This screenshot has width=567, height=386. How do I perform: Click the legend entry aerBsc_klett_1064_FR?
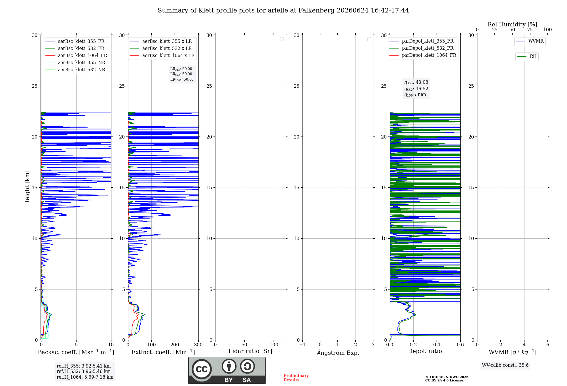(76, 55)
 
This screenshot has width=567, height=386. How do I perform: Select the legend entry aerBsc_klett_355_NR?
(75, 62)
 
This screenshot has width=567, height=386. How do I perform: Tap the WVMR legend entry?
(530, 41)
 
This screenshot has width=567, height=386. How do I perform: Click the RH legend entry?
(527, 56)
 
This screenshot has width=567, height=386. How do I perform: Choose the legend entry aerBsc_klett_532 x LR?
(161, 48)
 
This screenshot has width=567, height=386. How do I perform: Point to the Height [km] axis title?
(27, 188)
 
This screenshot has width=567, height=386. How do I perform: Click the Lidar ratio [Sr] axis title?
(250, 351)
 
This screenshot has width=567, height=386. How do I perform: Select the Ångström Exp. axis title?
(338, 353)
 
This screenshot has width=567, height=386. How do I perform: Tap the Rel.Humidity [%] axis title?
(512, 24)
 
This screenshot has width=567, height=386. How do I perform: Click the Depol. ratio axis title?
(425, 351)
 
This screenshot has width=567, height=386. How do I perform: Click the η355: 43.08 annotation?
(416, 82)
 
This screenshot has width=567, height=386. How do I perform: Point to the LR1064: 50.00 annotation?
(182, 79)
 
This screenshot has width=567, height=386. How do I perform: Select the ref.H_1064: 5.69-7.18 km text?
(85, 377)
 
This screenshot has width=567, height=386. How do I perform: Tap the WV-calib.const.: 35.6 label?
(505, 365)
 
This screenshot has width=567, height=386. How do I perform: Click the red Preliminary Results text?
(296, 378)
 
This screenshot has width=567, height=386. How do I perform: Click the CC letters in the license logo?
(202, 369)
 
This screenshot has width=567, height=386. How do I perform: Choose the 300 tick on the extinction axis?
(198, 345)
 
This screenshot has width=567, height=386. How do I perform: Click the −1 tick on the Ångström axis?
(302, 345)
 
